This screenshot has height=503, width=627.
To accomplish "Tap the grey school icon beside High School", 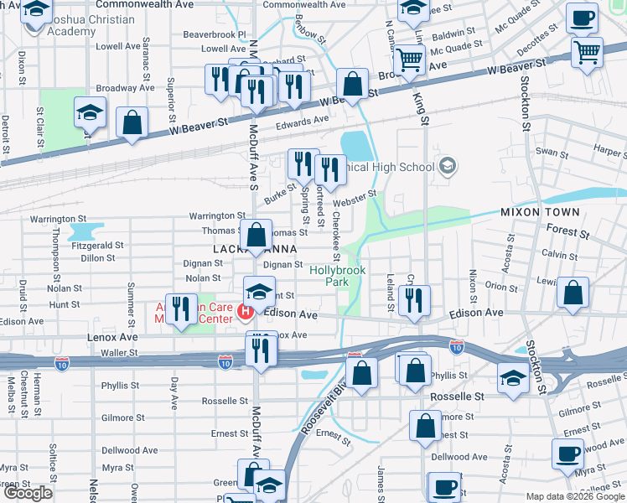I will point(447,166).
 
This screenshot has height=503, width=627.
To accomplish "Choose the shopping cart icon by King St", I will point(409,60).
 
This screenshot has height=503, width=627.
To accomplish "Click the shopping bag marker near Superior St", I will point(132,122).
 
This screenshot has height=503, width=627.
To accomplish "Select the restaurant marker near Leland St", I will point(413,301).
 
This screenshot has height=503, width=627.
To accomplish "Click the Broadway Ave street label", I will point(126,87).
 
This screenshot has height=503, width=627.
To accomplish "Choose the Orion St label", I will point(501,287).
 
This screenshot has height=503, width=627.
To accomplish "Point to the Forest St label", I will point(562,228).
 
